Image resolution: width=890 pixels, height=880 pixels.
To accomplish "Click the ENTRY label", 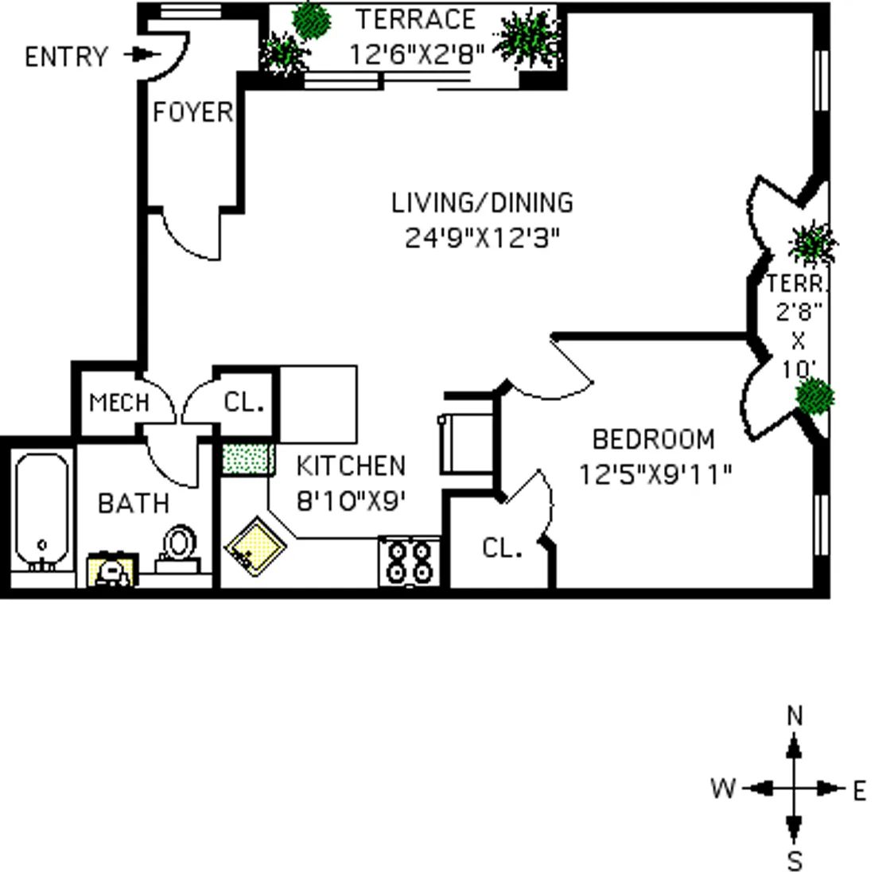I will [66, 57].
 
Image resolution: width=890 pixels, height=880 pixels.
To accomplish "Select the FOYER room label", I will [192, 112].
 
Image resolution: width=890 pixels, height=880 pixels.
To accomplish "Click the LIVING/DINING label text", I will [482, 203].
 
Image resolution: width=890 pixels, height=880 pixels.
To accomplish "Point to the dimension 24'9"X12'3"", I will [482, 238].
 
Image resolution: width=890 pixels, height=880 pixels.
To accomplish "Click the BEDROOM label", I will [654, 439].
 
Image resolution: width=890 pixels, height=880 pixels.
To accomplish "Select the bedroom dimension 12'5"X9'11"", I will [654, 474].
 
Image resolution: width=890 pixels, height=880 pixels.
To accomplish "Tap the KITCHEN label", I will [351, 465].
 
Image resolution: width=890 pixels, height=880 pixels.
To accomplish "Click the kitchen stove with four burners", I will [409, 562].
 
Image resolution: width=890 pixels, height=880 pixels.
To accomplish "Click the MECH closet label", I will [119, 403].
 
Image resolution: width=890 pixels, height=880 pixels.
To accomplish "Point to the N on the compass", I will [794, 716].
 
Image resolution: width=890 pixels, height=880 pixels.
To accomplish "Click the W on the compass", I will [722, 789].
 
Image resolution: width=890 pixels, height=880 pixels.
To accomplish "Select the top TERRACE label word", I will [415, 19].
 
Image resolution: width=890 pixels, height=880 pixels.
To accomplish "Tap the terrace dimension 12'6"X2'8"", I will [417, 54].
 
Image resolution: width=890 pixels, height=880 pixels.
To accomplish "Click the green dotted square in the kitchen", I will [247, 458].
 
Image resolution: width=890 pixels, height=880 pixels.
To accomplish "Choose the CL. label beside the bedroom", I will [502, 547].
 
